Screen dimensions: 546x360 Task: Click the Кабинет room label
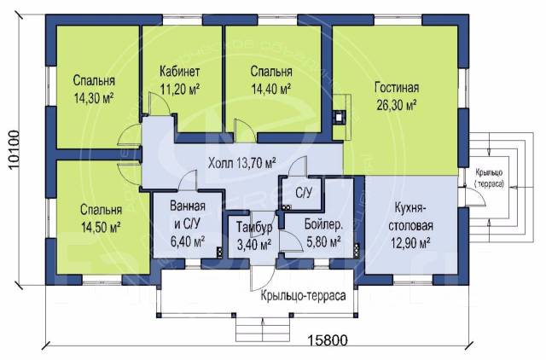[180, 72]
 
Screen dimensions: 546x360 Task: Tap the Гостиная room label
[397, 87]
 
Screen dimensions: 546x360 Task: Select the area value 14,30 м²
[94, 98]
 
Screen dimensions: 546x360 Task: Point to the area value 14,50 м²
[101, 228]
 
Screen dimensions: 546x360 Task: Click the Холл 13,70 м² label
[242, 163]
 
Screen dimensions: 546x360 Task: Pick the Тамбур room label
[254, 228]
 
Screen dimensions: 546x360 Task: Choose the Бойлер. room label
[323, 224]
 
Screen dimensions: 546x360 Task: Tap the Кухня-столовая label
[411, 217]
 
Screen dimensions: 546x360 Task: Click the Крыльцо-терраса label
[304, 295]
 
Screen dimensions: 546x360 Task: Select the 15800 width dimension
[328, 340]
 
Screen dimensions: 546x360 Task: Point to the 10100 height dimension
[14, 149]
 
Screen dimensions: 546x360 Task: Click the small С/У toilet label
[304, 193]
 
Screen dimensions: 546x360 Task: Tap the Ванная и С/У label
[188, 216]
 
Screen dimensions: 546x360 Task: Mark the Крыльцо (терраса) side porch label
[489, 178]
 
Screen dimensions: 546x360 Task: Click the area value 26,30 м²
[397, 105]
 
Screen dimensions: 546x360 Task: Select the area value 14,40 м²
[271, 89]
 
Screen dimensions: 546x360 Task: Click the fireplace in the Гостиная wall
[340, 117]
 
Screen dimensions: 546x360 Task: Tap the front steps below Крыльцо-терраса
[263, 329]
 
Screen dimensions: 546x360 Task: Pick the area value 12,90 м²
[411, 242]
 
